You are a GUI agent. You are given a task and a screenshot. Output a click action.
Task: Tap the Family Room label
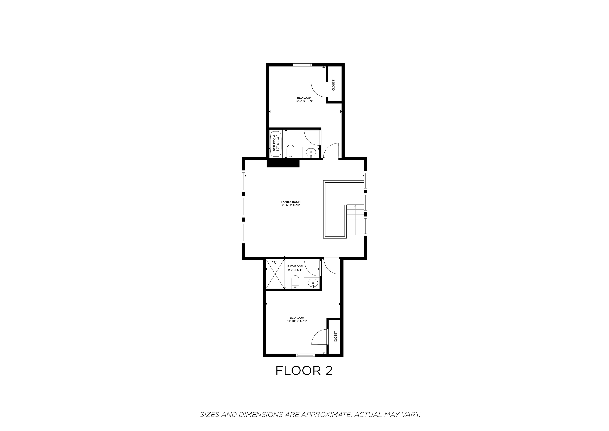pos(291,202)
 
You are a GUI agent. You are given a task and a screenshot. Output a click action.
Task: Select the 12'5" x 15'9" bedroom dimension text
pos(304,101)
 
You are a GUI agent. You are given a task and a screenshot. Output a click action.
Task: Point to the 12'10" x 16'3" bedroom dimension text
pos(297,321)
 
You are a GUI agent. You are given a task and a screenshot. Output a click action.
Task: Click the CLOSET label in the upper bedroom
pos(333,85)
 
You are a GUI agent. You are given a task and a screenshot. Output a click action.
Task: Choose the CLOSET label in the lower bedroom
pos(336,337)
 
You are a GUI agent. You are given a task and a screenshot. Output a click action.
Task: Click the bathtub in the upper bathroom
pos(276,144)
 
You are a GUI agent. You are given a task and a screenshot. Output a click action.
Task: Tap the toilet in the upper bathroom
pos(291,151)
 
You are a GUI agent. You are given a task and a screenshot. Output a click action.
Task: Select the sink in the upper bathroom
pos(311,152)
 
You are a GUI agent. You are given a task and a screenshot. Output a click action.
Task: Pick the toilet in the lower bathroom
pos(295,282)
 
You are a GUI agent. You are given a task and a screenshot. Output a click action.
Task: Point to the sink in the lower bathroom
pos(313,283)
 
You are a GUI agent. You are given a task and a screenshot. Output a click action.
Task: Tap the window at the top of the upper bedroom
pos(303,65)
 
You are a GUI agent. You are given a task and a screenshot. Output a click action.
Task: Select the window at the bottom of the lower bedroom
pos(305,355)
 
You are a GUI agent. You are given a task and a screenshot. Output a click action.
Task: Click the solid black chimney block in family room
pos(283,163)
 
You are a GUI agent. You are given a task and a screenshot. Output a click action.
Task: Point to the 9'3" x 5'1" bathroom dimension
pos(295,270)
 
